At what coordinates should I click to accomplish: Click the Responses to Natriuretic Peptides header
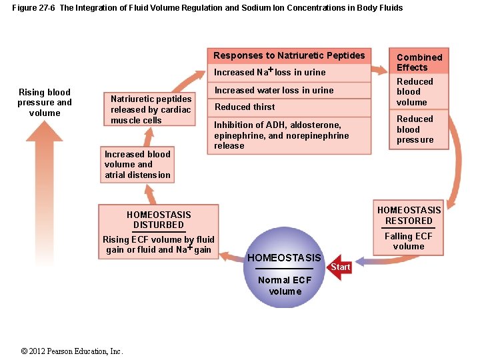click(x=289, y=55)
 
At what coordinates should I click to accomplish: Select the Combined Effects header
click(x=419, y=62)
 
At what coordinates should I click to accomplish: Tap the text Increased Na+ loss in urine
click(x=269, y=72)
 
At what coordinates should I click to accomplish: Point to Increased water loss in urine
click(x=274, y=90)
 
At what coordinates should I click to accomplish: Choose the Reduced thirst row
click(x=245, y=107)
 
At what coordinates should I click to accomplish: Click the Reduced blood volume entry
click(x=415, y=92)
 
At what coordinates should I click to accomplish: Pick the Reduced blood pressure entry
click(x=415, y=129)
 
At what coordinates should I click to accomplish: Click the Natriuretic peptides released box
click(x=151, y=109)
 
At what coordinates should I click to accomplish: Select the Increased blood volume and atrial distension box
click(x=137, y=165)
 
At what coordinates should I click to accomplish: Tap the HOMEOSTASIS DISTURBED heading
click(x=159, y=219)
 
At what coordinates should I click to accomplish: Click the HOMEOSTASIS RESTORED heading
click(x=409, y=215)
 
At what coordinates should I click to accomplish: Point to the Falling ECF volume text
click(x=409, y=241)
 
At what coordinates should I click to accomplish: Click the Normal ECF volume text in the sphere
click(x=284, y=285)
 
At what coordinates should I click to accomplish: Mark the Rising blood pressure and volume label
click(x=45, y=103)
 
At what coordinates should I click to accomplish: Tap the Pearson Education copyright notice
click(x=71, y=351)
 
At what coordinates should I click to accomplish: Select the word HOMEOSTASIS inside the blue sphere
click(x=284, y=258)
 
